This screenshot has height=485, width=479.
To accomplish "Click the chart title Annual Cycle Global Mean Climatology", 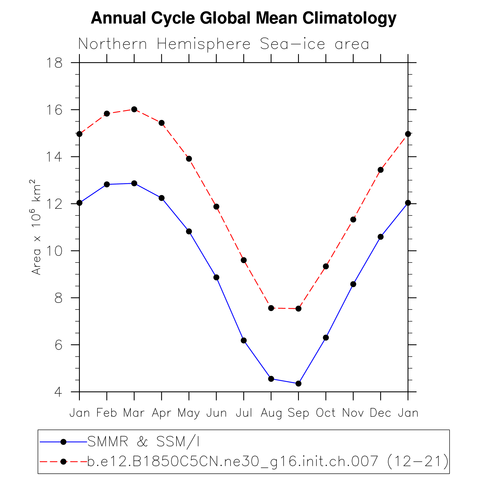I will point(243,18).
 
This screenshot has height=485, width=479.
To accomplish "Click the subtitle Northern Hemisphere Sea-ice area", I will point(224,44).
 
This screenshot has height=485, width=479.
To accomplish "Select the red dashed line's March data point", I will point(134,109).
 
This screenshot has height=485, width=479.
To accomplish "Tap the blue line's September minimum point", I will point(298,383).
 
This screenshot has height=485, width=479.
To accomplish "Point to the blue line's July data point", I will point(244,340).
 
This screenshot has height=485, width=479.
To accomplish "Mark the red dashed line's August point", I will point(271,308).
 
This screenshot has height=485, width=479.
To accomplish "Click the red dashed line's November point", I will point(353,219).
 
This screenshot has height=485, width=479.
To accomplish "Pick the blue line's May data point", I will point(189,231).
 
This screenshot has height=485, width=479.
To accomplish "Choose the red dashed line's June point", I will point(216,206).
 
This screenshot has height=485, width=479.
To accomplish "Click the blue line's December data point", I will point(380,237).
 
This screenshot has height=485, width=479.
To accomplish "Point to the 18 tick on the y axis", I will point(54,63).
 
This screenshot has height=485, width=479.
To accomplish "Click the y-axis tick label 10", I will point(54,251).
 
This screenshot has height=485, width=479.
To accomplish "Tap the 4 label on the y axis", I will point(58,392).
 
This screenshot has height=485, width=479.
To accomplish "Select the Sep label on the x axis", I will point(298,413).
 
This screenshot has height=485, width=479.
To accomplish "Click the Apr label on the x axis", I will point(162,413).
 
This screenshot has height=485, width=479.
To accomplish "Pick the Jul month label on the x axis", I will point(244,413).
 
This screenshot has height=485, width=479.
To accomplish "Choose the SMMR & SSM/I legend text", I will point(143,442).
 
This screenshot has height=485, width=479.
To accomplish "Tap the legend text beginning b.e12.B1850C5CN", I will point(268,461).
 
